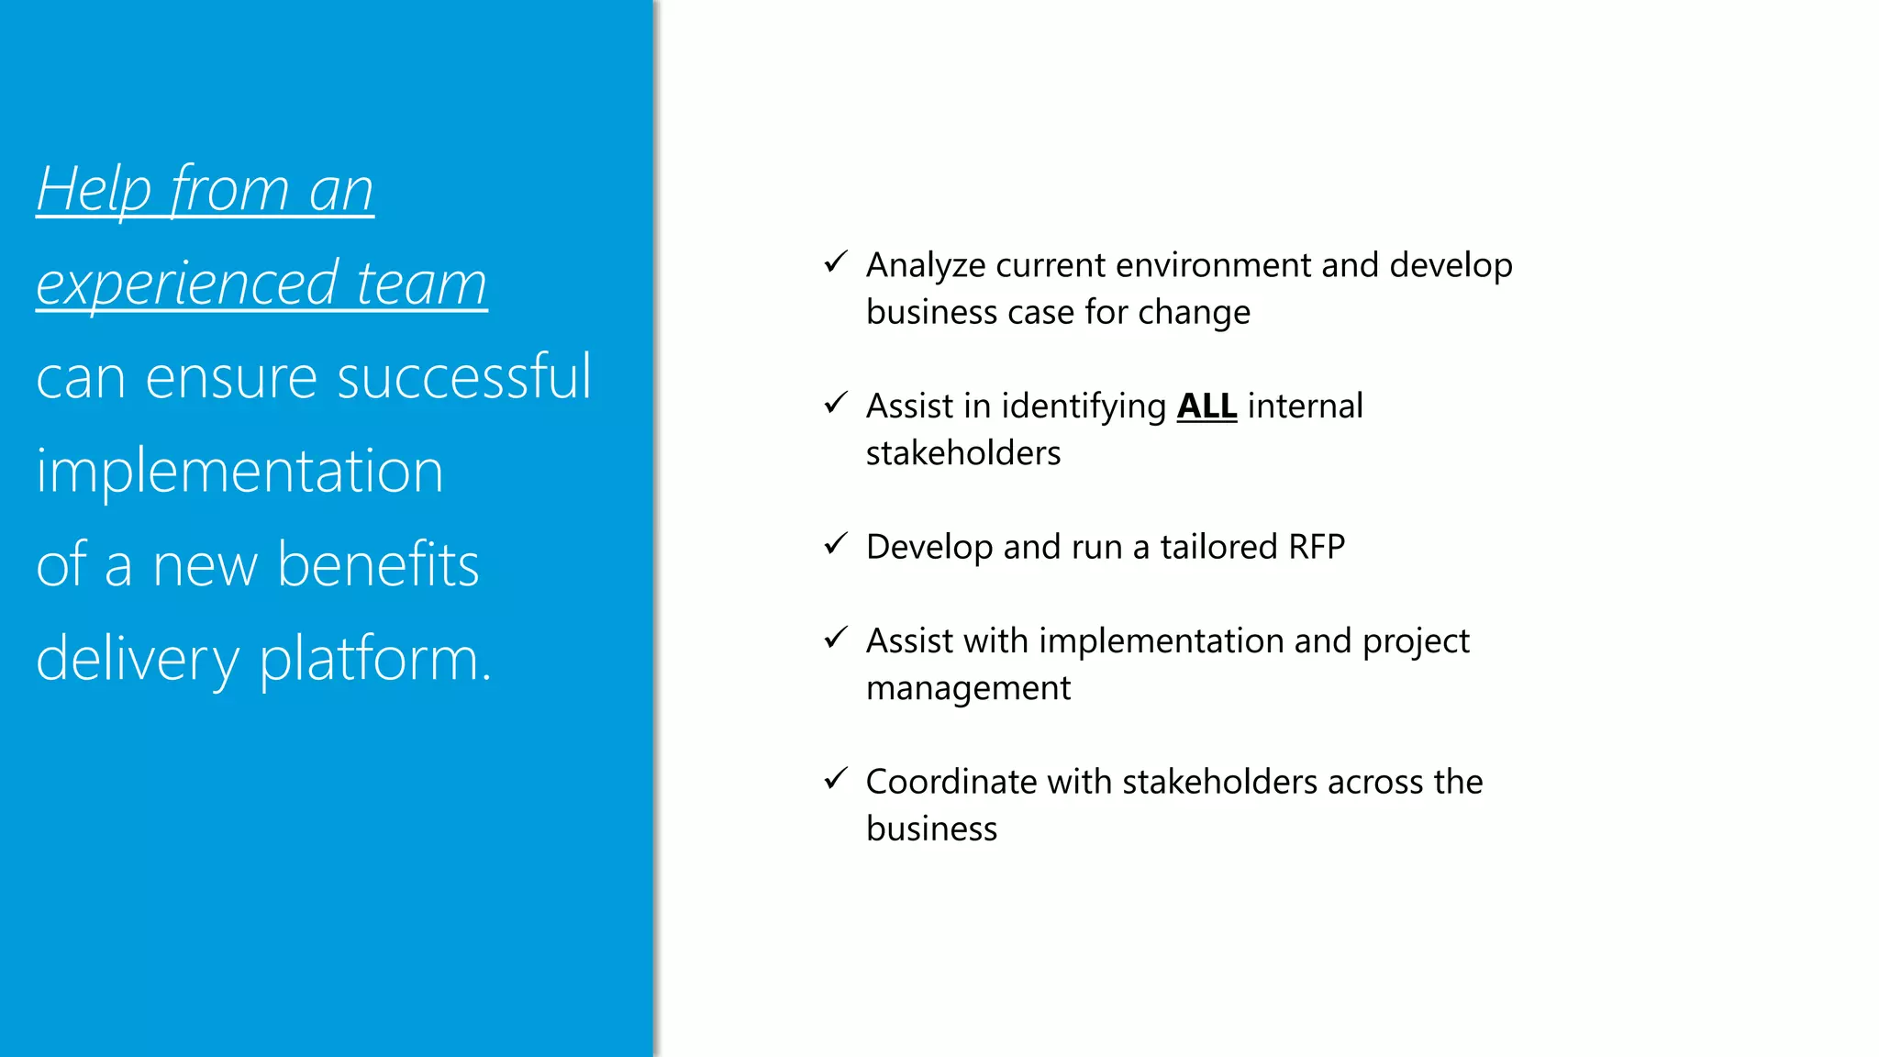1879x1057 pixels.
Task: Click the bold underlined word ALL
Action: coord(1206,406)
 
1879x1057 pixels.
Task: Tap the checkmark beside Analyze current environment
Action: coord(835,263)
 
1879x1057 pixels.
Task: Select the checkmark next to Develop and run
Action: coord(835,544)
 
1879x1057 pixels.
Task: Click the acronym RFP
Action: coord(1316,547)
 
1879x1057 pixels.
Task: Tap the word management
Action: coord(968,688)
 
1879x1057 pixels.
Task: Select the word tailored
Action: coord(1218,547)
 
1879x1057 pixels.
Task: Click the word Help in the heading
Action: coord(94,190)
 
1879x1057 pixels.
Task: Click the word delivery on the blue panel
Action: coord(138,659)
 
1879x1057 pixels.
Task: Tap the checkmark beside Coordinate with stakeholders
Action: coord(835,779)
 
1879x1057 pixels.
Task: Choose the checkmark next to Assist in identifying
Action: coord(835,404)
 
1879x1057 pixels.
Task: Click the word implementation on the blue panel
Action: coord(239,471)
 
